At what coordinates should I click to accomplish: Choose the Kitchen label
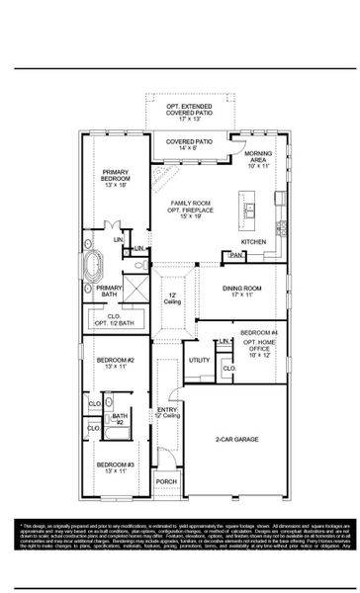(x=254, y=241)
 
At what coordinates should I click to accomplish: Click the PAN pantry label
(x=236, y=256)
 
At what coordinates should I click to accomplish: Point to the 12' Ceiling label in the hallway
(x=171, y=298)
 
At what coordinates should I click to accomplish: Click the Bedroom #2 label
(x=110, y=362)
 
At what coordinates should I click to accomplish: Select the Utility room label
(x=200, y=361)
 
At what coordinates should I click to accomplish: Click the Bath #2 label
(x=119, y=419)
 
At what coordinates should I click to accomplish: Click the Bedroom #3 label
(x=110, y=467)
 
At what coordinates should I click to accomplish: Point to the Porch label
(x=167, y=481)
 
